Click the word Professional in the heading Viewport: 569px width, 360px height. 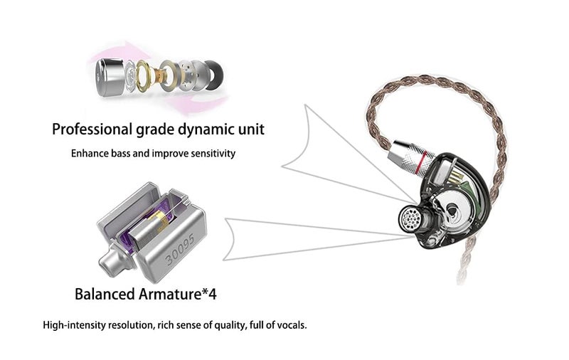92,129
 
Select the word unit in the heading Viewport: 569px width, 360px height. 251,129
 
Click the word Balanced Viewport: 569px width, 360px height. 105,294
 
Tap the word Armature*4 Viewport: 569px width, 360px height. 177,294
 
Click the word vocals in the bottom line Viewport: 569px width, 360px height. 292,325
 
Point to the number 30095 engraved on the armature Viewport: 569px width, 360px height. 180,250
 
